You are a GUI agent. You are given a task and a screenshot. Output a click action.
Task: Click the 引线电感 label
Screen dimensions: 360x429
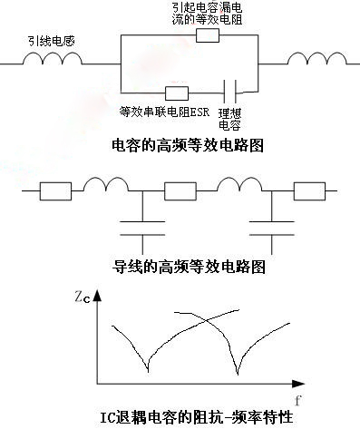coord(52,41)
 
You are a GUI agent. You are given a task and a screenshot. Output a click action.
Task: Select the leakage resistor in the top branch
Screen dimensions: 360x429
coord(208,35)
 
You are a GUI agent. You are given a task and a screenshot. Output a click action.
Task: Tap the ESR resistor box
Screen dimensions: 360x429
coord(177,93)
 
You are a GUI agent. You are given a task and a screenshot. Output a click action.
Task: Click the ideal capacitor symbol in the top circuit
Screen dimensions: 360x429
coord(229,92)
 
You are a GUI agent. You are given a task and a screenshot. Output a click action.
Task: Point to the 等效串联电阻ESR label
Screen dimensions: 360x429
coord(164,112)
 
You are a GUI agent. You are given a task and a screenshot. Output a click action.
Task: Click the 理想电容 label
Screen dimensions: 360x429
coord(229,119)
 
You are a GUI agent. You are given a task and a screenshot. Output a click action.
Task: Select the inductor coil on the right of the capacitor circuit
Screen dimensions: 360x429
coord(316,59)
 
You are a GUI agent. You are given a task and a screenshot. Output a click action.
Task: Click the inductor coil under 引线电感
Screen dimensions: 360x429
coord(53,59)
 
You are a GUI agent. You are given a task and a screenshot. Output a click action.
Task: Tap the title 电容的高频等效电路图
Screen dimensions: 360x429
coord(188,145)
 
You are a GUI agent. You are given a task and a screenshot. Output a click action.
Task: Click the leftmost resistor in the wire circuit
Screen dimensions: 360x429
coord(55,191)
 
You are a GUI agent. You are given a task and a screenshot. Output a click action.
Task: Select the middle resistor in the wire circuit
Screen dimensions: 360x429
coord(180,191)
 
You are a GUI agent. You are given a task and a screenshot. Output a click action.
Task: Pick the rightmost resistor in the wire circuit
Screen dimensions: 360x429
coord(309,191)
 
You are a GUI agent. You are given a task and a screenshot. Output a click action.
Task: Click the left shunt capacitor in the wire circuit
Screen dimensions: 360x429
coord(142,228)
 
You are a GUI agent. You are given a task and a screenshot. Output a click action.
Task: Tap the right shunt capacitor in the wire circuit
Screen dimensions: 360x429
coord(271,228)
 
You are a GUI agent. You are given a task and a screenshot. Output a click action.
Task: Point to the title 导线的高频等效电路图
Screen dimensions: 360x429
coord(189,267)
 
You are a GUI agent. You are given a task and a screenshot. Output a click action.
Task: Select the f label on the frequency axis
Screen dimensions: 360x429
coord(298,401)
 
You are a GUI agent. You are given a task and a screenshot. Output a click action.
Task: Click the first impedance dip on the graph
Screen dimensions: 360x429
coord(148,370)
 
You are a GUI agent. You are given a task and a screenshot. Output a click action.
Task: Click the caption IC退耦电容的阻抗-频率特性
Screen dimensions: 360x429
coord(197,417)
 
